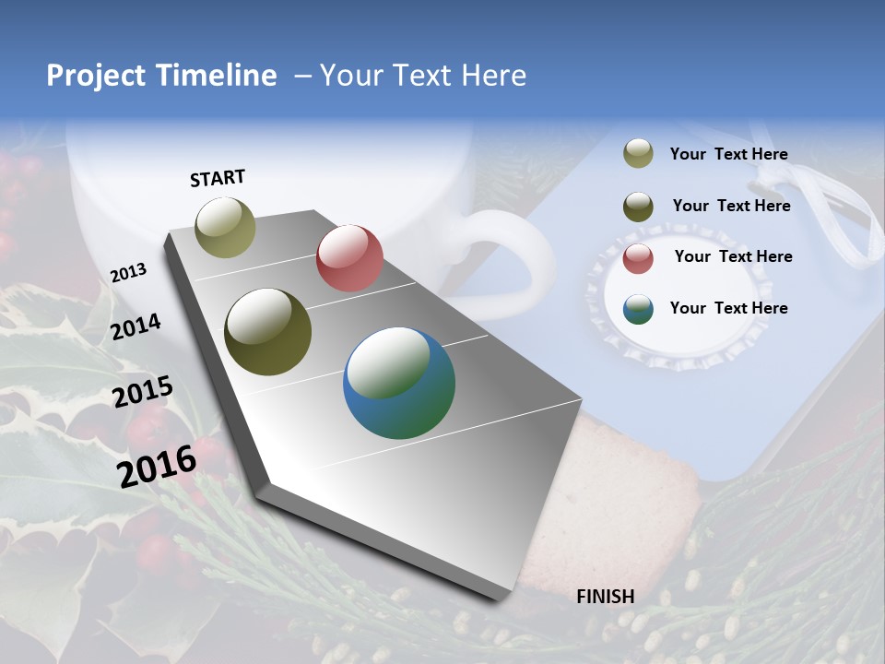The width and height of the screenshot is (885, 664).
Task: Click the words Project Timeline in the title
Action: tap(161, 76)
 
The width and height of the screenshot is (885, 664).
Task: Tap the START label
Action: tap(218, 178)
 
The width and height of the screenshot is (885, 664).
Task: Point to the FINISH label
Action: tap(606, 597)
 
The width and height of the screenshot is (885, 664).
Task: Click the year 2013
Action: tap(128, 273)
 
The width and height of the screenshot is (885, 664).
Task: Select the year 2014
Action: tap(136, 326)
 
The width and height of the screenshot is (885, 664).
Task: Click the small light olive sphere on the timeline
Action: tap(226, 227)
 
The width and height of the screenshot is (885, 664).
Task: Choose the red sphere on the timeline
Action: tap(349, 258)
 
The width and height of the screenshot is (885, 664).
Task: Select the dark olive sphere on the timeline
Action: tap(267, 332)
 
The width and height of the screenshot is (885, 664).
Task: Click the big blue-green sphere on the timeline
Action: tap(399, 383)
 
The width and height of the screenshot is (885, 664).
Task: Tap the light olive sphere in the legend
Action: tap(638, 154)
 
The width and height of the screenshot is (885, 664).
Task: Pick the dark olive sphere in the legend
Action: tap(638, 206)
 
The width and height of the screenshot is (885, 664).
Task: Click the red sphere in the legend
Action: tap(638, 257)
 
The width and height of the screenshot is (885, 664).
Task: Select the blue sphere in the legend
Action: tap(638, 308)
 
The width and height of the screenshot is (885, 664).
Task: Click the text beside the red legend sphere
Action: tap(733, 256)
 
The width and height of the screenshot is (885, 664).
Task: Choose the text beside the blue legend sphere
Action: tap(728, 308)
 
